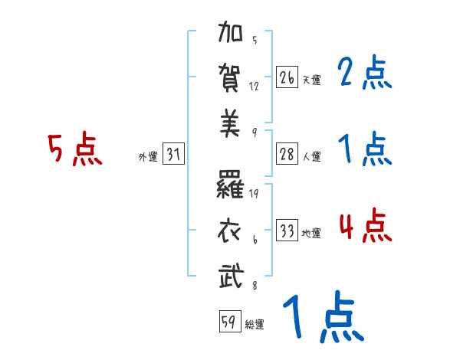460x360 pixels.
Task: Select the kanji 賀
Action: [x=231, y=78]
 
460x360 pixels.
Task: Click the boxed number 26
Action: [x=287, y=78]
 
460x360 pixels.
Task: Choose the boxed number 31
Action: [x=174, y=155]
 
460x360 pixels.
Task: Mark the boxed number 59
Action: [x=228, y=322]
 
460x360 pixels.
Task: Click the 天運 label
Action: [x=310, y=80]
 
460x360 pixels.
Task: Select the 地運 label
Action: [x=311, y=233]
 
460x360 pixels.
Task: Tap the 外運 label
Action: [x=148, y=157]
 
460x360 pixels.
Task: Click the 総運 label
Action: [x=254, y=324]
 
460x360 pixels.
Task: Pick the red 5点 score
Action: [x=74, y=149]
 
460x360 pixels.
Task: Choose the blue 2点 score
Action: [x=364, y=74]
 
